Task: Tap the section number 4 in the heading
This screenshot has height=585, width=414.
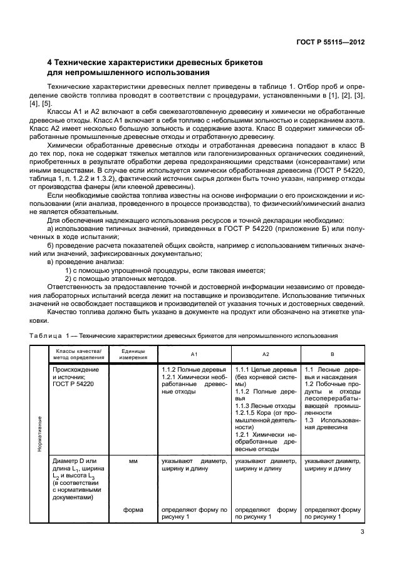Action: coord(51,63)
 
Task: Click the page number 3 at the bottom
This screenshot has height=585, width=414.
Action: coord(362,532)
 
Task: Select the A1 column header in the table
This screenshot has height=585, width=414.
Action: coord(194,354)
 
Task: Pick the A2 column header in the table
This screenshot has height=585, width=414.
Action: coord(266,354)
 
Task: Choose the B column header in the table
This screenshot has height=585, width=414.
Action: coord(332,354)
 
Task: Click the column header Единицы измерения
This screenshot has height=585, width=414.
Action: coord(133,354)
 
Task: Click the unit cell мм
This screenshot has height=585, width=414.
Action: coord(133,461)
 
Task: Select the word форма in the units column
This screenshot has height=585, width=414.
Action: coord(133,509)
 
